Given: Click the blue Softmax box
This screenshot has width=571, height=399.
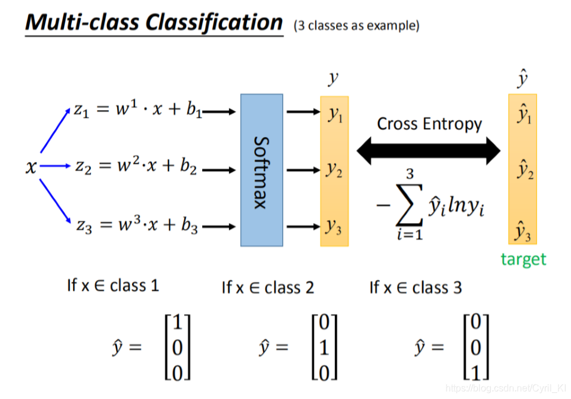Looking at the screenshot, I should pos(262,170).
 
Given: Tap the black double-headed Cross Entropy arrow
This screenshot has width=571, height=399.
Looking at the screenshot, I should pos(428,151).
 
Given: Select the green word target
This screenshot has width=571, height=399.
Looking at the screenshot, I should pos(524,259).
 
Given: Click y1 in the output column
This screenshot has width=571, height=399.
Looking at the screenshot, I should pos(335,115).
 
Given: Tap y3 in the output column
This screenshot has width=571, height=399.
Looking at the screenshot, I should pos(335,227).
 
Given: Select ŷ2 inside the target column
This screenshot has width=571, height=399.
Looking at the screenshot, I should pos(523,172).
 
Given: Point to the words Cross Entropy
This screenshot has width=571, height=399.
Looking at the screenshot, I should pos(429,124).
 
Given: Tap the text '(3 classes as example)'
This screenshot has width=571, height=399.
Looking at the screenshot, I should pos(356,26).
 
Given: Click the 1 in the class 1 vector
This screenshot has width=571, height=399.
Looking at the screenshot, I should pos(177,324).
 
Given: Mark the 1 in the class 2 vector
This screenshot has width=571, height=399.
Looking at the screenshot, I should pos(323,348).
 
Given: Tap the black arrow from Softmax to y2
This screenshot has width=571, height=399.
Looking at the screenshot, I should pos(304,170).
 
